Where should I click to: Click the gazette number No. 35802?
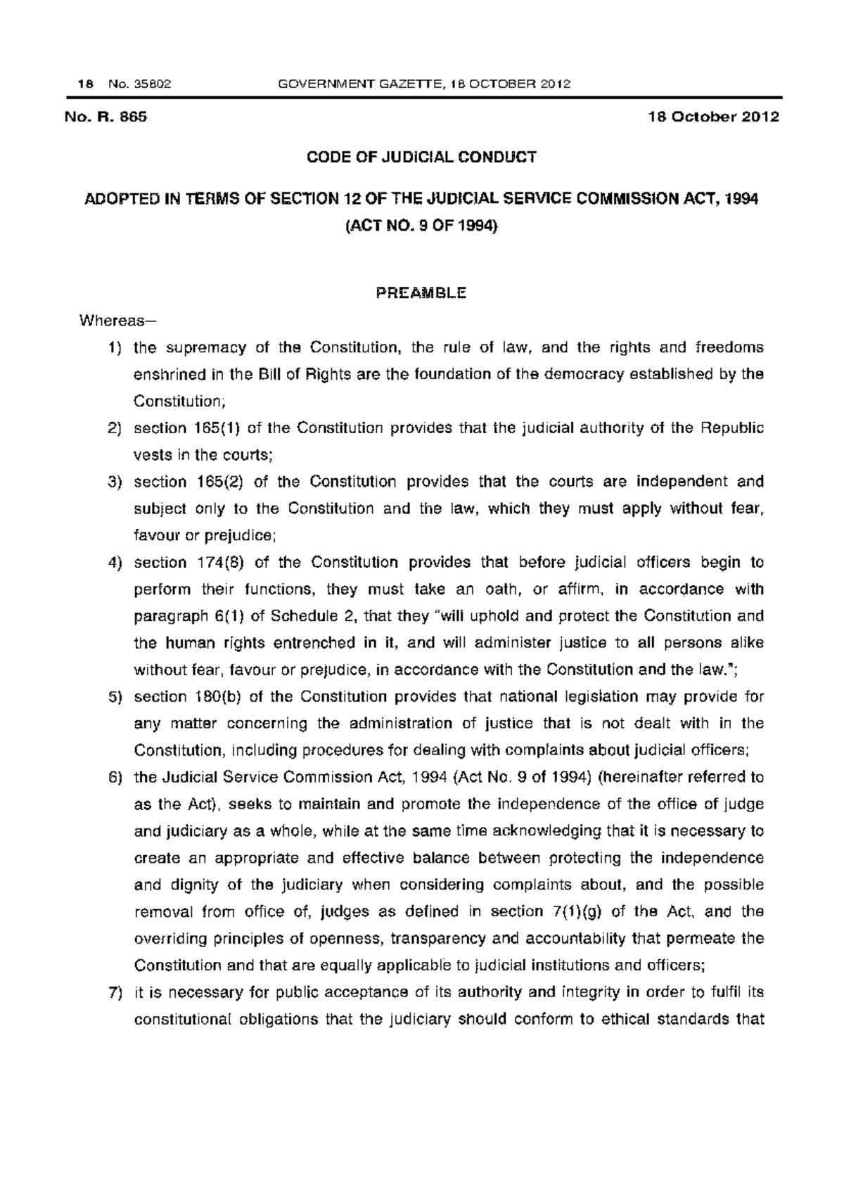[x=140, y=84]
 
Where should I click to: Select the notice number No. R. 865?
[x=106, y=117]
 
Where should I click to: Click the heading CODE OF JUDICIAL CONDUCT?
[x=421, y=158]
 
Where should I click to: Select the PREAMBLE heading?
[x=421, y=293]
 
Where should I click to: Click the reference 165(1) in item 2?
[x=214, y=428]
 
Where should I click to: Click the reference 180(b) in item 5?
[x=214, y=697]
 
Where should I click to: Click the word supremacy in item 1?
[x=205, y=348]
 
